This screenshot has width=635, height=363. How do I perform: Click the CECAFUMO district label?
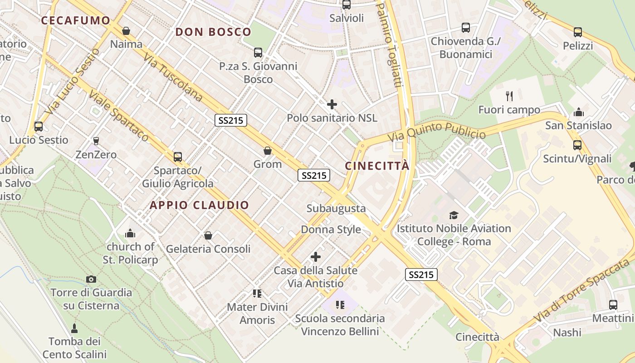tap(76, 20)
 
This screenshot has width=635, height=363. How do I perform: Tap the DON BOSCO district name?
tap(213, 32)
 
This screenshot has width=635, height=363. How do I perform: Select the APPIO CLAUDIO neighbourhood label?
tap(200, 205)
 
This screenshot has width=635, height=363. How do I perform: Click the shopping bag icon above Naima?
tap(126, 31)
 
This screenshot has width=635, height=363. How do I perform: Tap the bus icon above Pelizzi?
tap(577, 32)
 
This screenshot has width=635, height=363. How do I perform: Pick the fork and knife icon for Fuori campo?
tap(509, 96)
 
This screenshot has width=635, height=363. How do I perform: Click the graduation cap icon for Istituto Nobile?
tap(454, 215)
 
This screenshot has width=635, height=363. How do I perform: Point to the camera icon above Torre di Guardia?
tap(91, 279)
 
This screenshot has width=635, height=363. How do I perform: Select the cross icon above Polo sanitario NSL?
tap(332, 104)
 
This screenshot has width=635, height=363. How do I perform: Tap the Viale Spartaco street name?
tap(119, 115)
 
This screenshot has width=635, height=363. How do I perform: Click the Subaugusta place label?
tap(336, 208)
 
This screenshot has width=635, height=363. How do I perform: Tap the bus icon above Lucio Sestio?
tap(39, 126)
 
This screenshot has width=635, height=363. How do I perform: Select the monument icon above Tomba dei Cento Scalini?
tap(74, 328)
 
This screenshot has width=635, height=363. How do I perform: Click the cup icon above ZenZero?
tap(96, 141)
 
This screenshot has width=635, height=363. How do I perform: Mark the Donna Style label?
tap(331, 229)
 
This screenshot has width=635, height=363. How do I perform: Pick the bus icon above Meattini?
tap(613, 304)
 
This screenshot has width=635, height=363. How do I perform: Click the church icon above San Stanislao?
tap(578, 112)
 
